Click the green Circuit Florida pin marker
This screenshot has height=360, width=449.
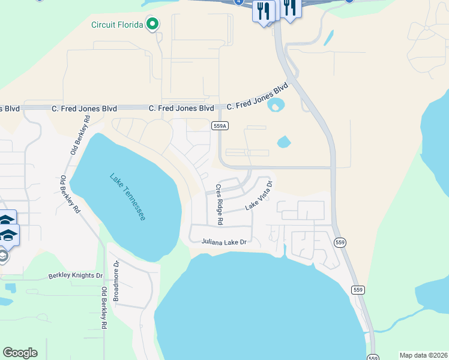pyautogui.click(x=152, y=25)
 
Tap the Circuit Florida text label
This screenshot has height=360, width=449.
pyautogui.click(x=117, y=25)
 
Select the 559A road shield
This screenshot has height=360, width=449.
pyautogui.click(x=220, y=125)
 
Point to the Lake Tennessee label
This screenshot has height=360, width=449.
pyautogui.click(x=128, y=197)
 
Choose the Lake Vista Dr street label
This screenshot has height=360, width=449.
pyautogui.click(x=259, y=196)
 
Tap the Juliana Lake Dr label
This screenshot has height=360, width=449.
pyautogui.click(x=224, y=242)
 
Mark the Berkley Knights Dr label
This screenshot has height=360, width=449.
pyautogui.click(x=76, y=276)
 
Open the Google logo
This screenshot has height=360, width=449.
pyautogui.click(x=20, y=353)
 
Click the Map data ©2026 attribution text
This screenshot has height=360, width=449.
pyautogui.click(x=423, y=355)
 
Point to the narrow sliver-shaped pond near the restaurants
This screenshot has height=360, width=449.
pyautogui.click(x=328, y=38)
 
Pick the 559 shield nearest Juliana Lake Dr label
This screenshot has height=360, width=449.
pyautogui.click(x=340, y=242)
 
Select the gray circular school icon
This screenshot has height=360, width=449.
pyautogui.click(x=3, y=257)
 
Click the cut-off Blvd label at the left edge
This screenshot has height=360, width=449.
pyautogui.click(x=10, y=109)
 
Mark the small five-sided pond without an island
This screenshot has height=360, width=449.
pyautogui.click(x=283, y=142)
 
